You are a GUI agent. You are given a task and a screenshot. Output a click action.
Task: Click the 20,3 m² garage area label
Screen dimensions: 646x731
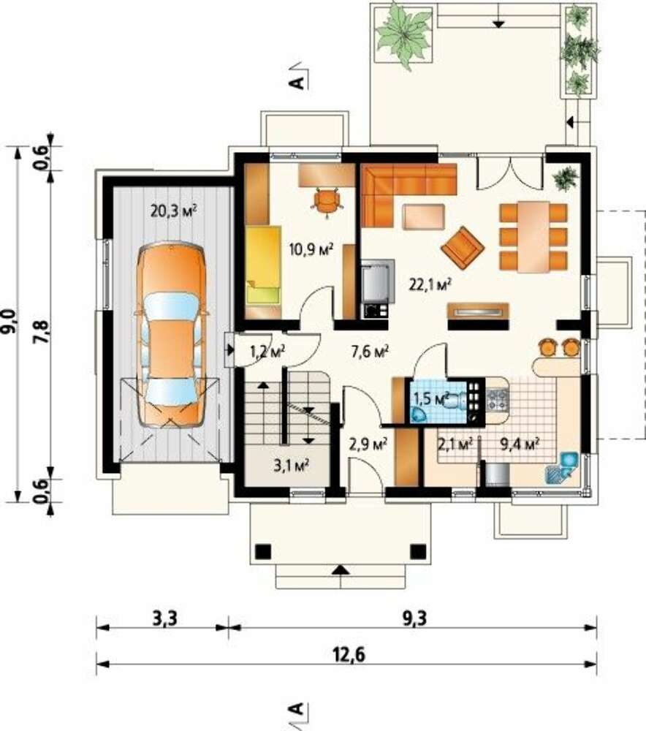coord(173,211)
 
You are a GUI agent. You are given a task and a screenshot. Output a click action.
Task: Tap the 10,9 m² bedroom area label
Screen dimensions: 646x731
coord(311,250)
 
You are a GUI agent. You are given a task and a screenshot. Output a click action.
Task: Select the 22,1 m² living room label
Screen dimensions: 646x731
coord(430,284)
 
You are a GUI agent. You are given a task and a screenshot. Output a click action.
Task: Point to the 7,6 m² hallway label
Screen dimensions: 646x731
coord(370,352)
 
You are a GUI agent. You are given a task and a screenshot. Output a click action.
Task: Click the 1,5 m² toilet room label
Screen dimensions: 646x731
coord(431,398)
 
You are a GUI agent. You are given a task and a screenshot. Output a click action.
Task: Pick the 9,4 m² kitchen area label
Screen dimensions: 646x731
coord(520,444)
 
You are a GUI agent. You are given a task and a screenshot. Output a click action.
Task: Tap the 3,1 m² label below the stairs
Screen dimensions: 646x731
coord(292,465)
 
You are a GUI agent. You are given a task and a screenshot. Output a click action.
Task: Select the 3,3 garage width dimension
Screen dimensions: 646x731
coord(165,619)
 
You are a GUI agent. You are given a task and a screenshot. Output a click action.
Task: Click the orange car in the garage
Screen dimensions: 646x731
coord(171,336)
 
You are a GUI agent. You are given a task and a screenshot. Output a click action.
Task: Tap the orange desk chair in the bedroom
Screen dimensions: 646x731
coord(327,202)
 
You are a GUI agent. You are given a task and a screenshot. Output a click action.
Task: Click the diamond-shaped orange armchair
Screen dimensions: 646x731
coord(463,248)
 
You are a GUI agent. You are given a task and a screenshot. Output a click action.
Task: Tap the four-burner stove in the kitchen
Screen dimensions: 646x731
coord(498,401)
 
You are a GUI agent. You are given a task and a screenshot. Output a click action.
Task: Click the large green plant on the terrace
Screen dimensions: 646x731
coord(403,34)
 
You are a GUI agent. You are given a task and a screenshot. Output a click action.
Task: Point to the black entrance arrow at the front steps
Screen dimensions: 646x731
coord(342,569)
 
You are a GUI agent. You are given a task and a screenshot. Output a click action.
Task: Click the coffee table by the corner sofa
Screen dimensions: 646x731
coord(424,217)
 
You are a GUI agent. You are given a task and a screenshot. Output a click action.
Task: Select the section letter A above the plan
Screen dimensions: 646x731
coord(297,83)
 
